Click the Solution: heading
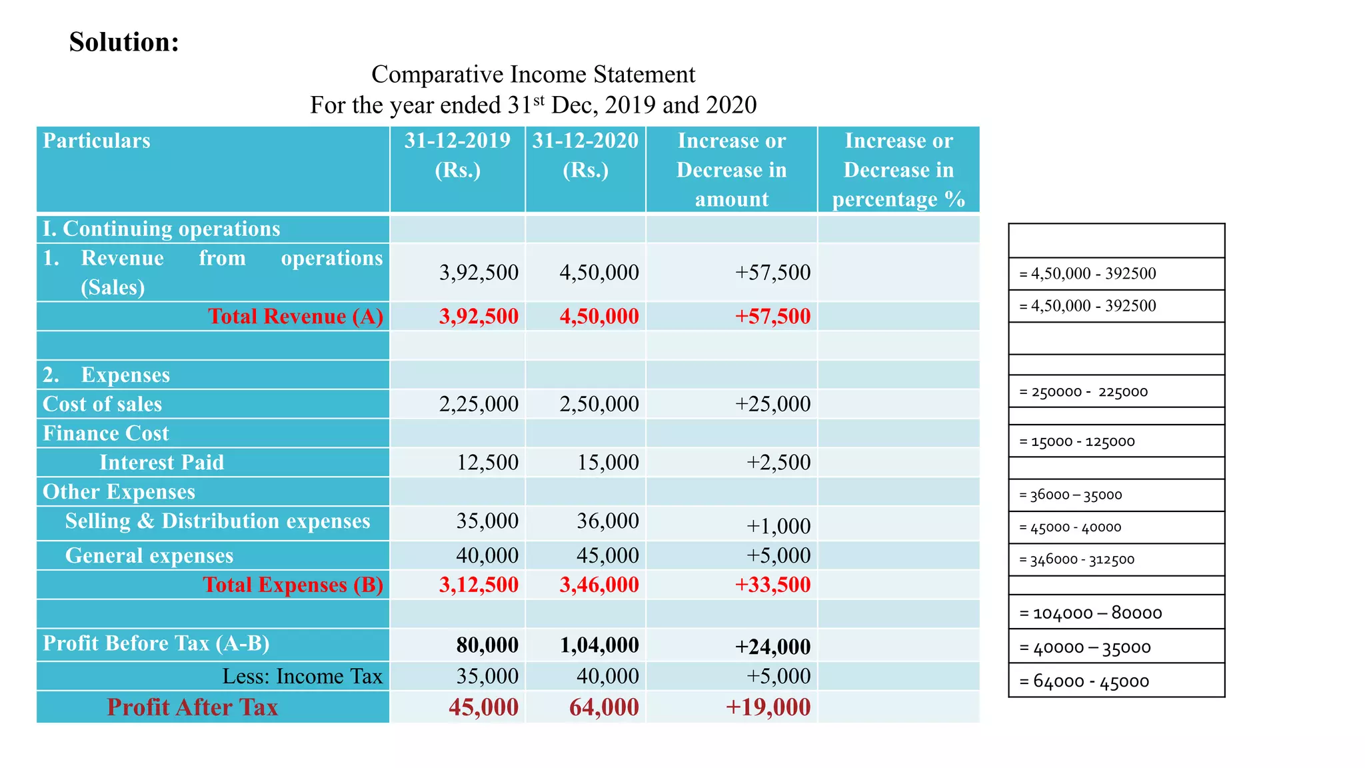pos(124,42)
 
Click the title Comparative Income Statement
pos(533,74)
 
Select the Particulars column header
pos(97,141)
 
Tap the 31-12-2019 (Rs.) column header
pos(457,155)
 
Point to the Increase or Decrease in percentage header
pos(898,170)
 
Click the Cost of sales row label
pos(103,404)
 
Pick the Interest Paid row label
pos(161,462)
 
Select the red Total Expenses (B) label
pos(293,585)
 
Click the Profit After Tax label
pos(192,707)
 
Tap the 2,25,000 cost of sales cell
pos(479,404)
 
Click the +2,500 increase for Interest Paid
pos(778,462)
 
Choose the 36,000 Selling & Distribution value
pos(607,521)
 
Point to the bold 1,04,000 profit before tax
pos(599,645)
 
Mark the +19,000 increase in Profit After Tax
pos(768,707)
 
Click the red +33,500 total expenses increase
pos(772,585)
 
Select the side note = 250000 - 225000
pos(1083,392)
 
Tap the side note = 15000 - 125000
pos(1076,441)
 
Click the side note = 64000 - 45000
pos(1084,681)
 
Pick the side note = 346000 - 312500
pos(1076,560)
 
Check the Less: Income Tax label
pos(302,676)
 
